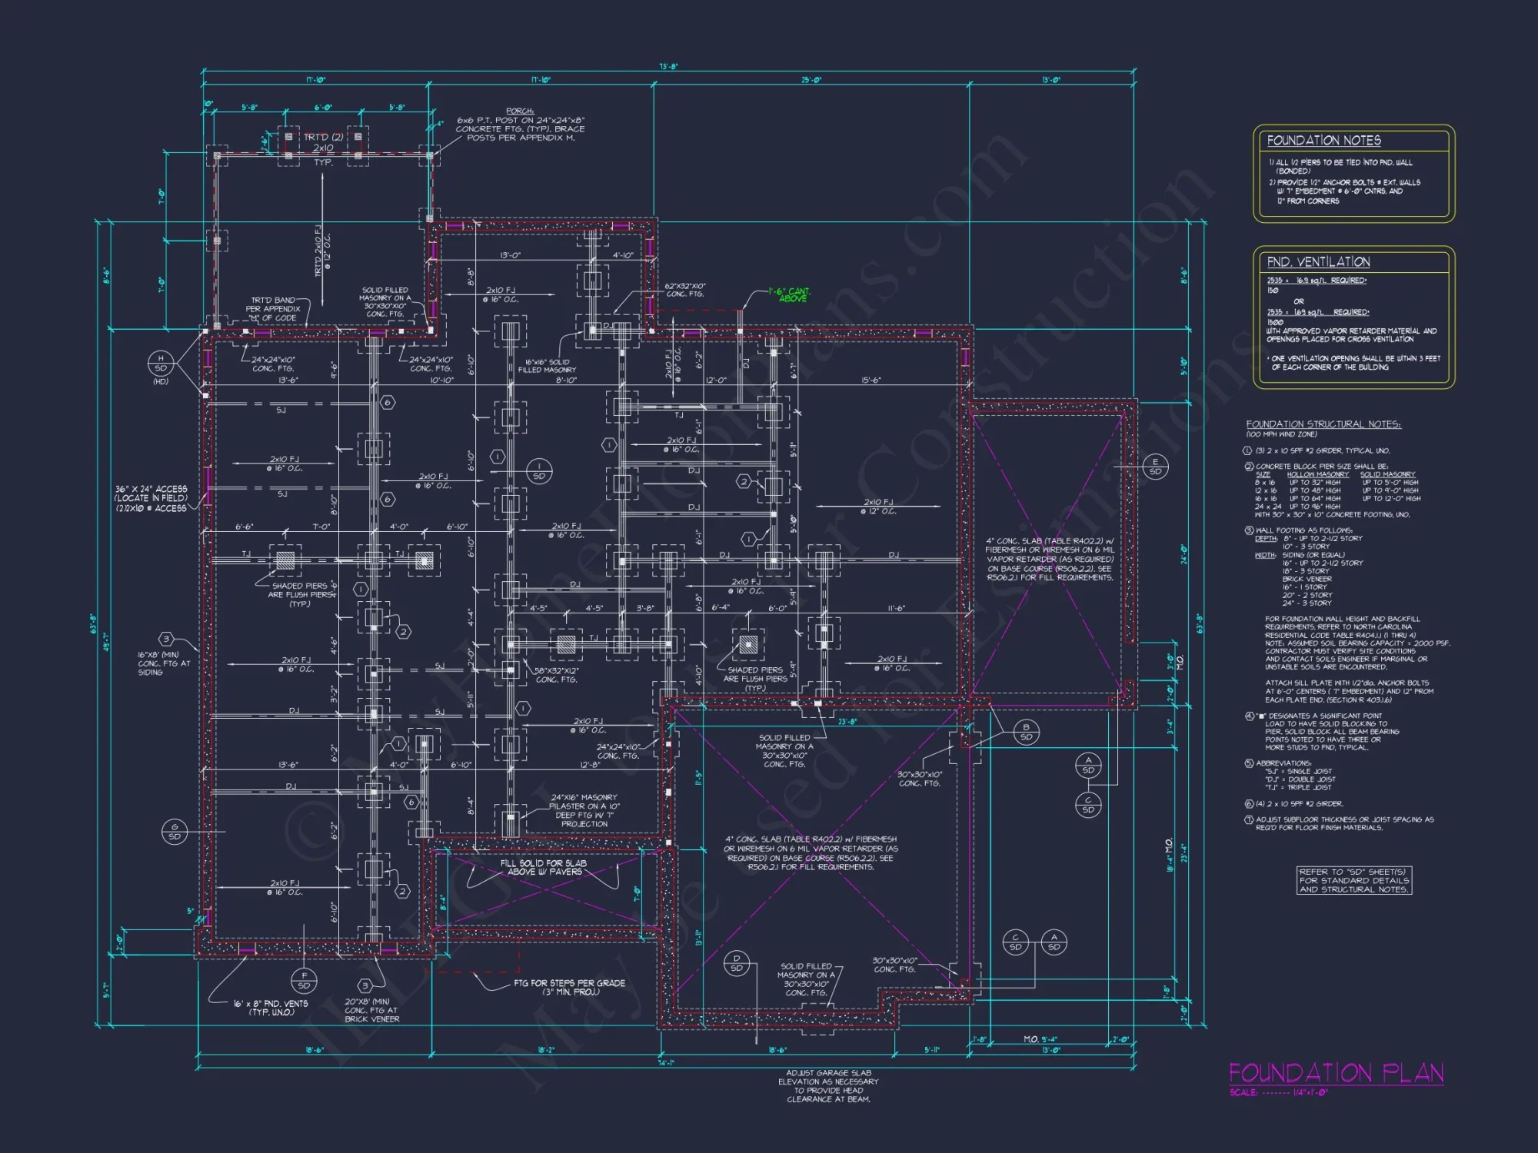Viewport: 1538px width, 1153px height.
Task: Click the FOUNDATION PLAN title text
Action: click(x=1336, y=1073)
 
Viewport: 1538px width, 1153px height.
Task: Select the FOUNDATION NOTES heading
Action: click(x=1323, y=141)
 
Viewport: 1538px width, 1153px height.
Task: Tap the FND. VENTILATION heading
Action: click(x=1318, y=262)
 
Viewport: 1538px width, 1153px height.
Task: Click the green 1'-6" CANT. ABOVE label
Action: click(x=791, y=295)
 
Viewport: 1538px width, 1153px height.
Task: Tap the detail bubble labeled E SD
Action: click(x=1155, y=467)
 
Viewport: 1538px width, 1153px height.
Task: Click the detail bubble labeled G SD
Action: click(x=175, y=832)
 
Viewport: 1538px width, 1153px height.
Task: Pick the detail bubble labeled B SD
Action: click(x=1026, y=732)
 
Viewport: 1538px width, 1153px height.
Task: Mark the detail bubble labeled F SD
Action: click(x=304, y=980)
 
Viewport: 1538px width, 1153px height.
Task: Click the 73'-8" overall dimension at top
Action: click(x=668, y=67)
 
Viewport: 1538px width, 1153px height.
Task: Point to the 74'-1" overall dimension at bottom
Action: click(x=666, y=1063)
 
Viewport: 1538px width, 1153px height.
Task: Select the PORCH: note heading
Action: click(x=520, y=111)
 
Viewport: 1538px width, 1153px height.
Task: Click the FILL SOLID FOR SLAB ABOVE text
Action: click(x=543, y=868)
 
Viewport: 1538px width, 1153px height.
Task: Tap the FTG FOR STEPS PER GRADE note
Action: click(x=569, y=987)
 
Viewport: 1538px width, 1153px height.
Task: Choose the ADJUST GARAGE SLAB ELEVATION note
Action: click(x=828, y=1085)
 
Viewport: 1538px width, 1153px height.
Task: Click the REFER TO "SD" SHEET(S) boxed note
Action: click(x=1353, y=881)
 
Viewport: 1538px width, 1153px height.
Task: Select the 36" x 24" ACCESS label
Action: click(x=151, y=498)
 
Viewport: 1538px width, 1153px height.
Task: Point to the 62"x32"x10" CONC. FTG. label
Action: click(x=684, y=290)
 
